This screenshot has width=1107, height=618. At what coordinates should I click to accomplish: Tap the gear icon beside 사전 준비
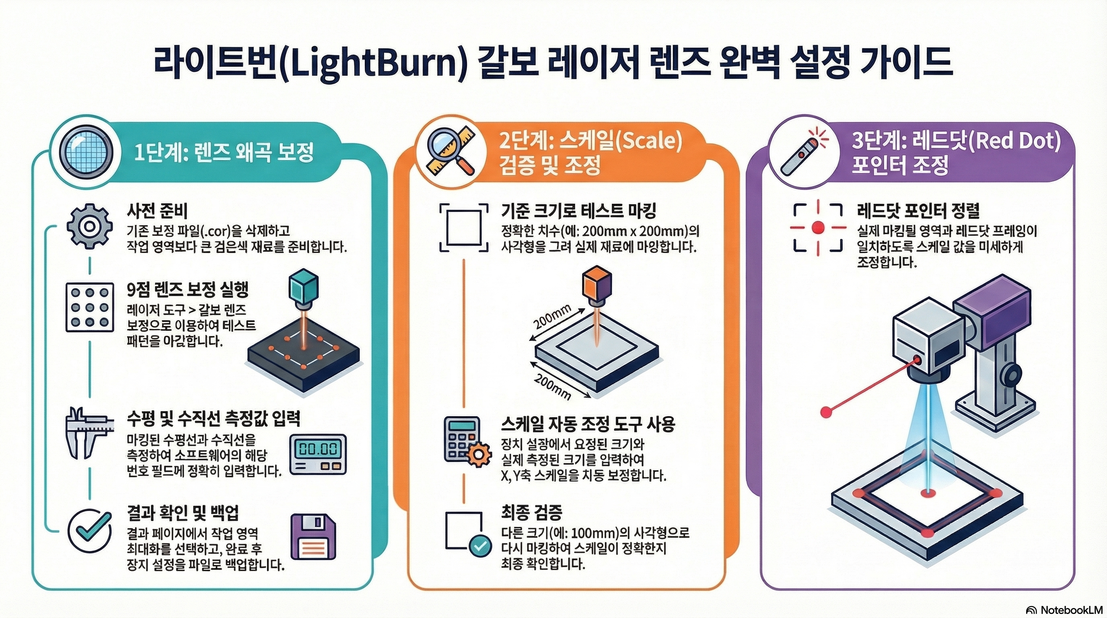coord(89,227)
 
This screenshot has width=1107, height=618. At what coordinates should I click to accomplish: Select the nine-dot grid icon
coord(89,307)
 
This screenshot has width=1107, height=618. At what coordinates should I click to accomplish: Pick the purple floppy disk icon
coord(313,537)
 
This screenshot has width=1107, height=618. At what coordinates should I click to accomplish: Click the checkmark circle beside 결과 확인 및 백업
coord(90,531)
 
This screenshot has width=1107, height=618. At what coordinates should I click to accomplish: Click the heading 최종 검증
coord(531,512)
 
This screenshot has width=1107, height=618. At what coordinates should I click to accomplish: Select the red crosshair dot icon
coord(818,227)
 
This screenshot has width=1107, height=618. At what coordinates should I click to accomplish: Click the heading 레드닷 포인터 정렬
coord(918,210)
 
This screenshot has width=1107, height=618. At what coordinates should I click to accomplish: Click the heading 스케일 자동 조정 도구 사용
coord(588,424)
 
